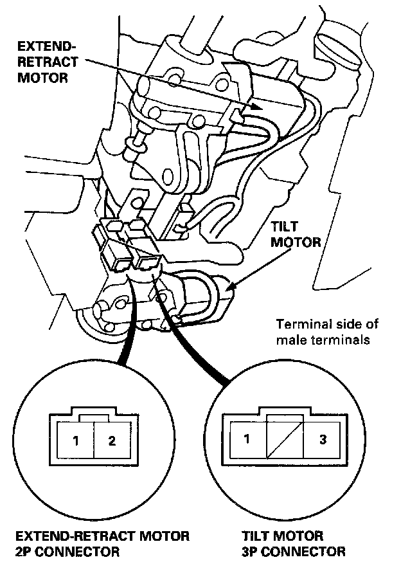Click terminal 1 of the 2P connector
tap(75, 440)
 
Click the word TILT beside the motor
tap(285, 228)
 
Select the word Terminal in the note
tap(298, 323)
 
